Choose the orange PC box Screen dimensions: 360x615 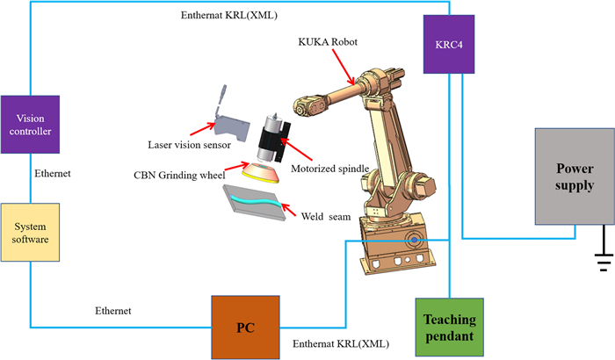click(246, 327)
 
